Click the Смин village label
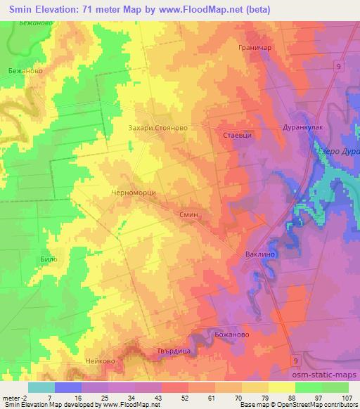[191, 216]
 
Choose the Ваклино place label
[257, 254]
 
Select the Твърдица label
[167, 350]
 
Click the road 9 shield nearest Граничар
[339, 65]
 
